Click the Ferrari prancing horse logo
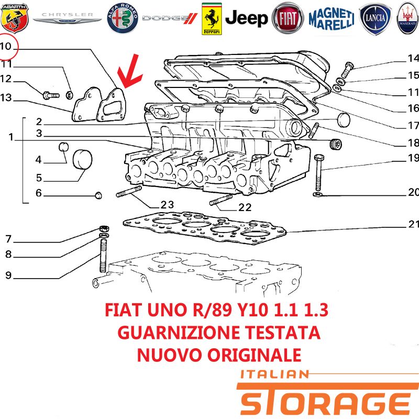(x=212, y=19)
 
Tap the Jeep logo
(x=246, y=18)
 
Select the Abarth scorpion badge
(x=14, y=18)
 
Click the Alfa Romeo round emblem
(x=123, y=18)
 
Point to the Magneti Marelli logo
(x=332, y=18)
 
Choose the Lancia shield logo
(x=375, y=18)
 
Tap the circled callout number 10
(x=6, y=46)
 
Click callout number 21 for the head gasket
(x=413, y=224)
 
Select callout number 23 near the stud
(x=167, y=205)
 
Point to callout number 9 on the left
(x=8, y=275)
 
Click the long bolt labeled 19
(x=318, y=173)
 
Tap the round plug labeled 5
(x=83, y=160)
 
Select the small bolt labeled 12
(x=51, y=95)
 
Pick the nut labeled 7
(x=104, y=229)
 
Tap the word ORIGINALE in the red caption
(x=255, y=355)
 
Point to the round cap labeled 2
(x=344, y=120)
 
